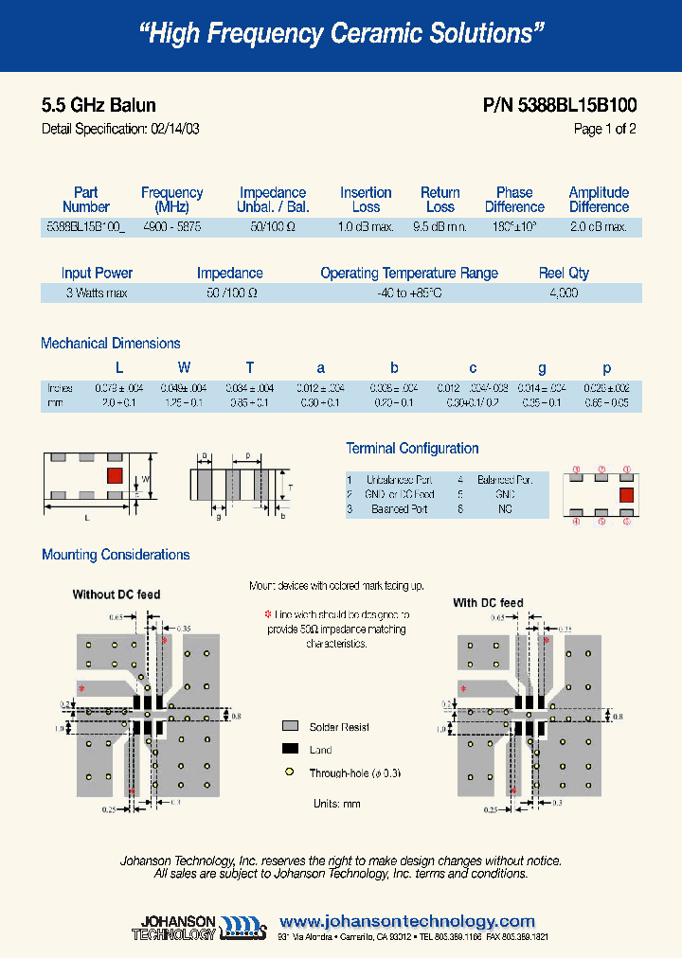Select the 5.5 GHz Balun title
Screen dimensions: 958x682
click(99, 105)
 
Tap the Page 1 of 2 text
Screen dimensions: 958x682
click(604, 129)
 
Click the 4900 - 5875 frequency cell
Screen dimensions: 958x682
click(171, 227)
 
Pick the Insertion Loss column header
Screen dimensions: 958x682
click(366, 199)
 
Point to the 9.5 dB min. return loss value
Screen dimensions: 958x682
click(440, 227)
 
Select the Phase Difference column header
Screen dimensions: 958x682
click(514, 199)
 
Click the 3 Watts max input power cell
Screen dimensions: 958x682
click(97, 293)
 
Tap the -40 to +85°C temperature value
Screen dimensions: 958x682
click(408, 293)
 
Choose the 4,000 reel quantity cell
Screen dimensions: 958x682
click(564, 293)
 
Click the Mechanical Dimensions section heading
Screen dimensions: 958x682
click(111, 344)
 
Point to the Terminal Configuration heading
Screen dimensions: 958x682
click(412, 449)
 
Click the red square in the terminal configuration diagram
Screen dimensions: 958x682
click(626, 493)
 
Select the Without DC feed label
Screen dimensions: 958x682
click(117, 594)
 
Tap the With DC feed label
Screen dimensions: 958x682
click(488, 602)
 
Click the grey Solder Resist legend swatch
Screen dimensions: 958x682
click(290, 727)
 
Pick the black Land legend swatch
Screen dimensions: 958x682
click(290, 750)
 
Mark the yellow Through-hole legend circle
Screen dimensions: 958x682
click(290, 773)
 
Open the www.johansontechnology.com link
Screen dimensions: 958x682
click(407, 921)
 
